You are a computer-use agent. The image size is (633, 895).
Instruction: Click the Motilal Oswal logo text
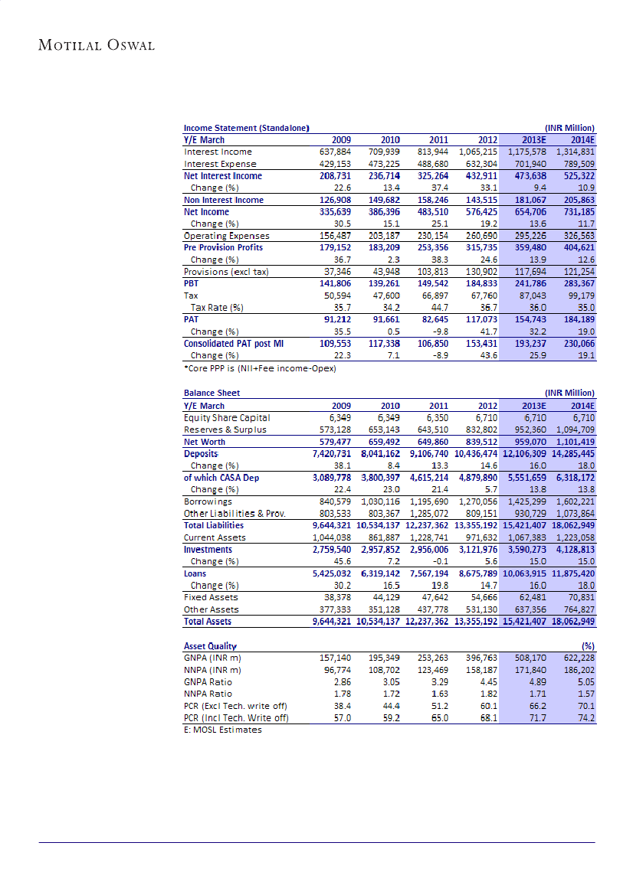97,45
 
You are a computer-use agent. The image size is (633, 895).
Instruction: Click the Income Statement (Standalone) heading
246,128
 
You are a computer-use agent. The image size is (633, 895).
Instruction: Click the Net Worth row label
205,442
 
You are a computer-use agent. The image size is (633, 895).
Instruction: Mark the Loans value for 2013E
524,573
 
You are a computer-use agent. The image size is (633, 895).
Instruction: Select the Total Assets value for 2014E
573,622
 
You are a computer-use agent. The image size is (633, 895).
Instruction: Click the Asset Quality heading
211,646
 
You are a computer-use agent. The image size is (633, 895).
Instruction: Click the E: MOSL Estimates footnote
223,730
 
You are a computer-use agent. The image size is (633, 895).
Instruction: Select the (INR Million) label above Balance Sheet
569,394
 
